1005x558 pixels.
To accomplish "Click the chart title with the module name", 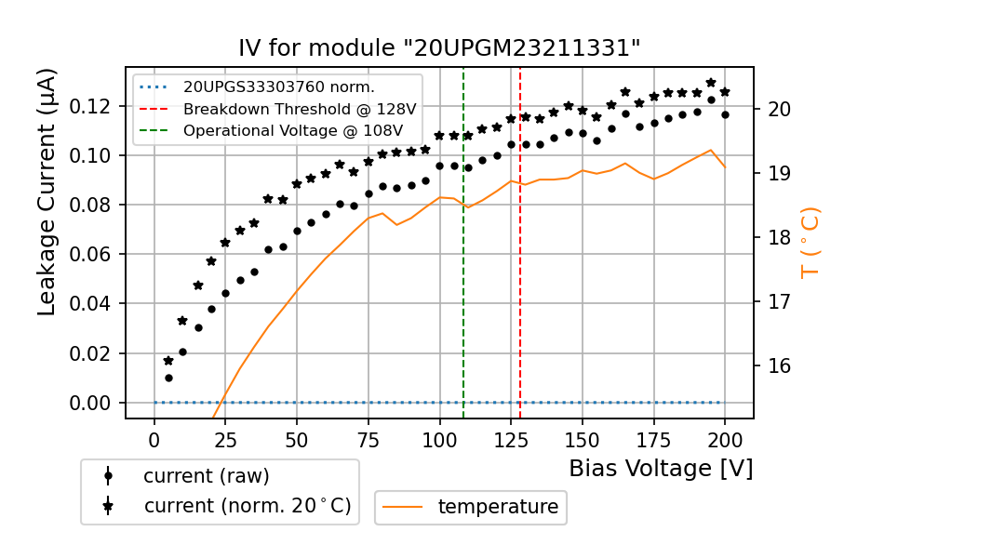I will point(439,48).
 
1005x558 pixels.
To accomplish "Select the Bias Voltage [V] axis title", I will point(661,469).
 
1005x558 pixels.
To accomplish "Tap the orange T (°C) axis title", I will point(811,242).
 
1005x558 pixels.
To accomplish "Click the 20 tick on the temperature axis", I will point(779,109).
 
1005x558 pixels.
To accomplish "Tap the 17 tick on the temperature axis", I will point(779,301).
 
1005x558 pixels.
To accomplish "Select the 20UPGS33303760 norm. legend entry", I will point(278,87).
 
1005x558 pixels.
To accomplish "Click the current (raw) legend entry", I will point(206,476).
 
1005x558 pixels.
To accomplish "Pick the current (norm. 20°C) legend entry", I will point(247,506).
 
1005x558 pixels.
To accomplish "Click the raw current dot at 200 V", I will point(725,114).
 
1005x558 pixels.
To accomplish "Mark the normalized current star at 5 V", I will point(168,361).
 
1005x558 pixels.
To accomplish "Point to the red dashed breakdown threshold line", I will point(520,279).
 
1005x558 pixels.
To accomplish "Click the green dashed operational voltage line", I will point(463,279).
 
